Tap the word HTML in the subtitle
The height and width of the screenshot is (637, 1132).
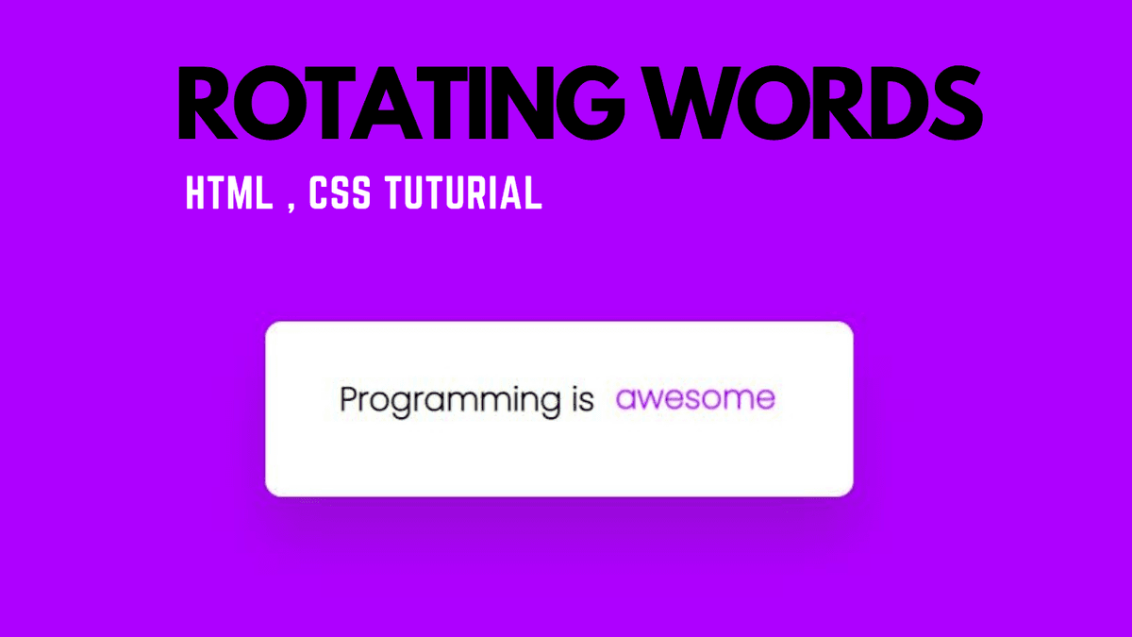point(228,193)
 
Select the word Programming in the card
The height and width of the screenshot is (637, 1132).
point(450,401)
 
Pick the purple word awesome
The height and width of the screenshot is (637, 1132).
point(695,399)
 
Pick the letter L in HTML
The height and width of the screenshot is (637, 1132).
point(262,193)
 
